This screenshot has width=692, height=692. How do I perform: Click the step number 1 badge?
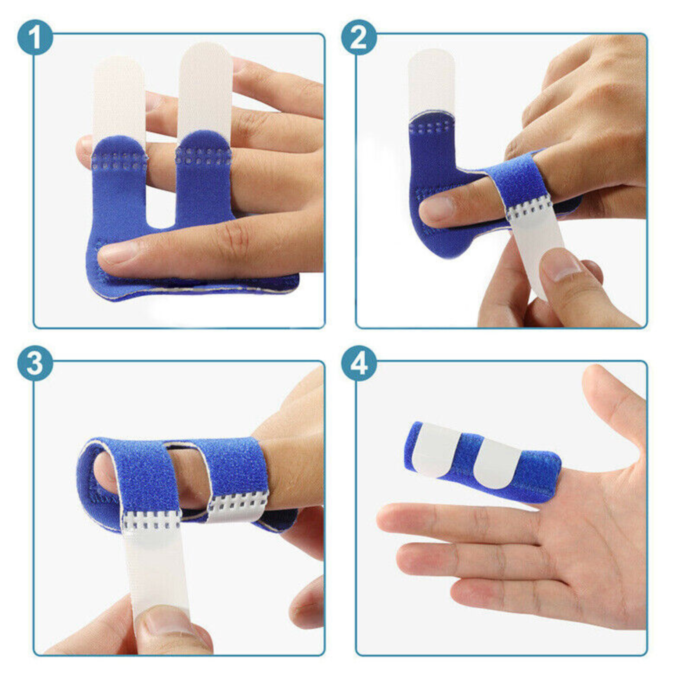click(35, 38)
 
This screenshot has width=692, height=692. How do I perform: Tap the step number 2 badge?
click(359, 38)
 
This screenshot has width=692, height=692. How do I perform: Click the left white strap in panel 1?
click(118, 99)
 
